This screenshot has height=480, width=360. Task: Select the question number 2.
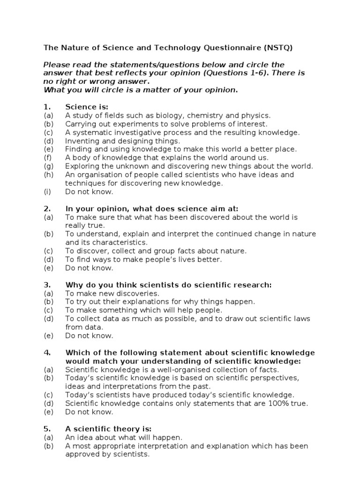pos(47,208)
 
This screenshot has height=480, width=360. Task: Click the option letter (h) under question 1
pos(49,174)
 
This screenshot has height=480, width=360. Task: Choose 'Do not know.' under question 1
pos(89,191)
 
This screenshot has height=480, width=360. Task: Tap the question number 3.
pos(47,285)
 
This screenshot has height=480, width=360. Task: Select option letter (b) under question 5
pos(49,446)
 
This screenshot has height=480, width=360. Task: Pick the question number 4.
pos(47,352)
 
